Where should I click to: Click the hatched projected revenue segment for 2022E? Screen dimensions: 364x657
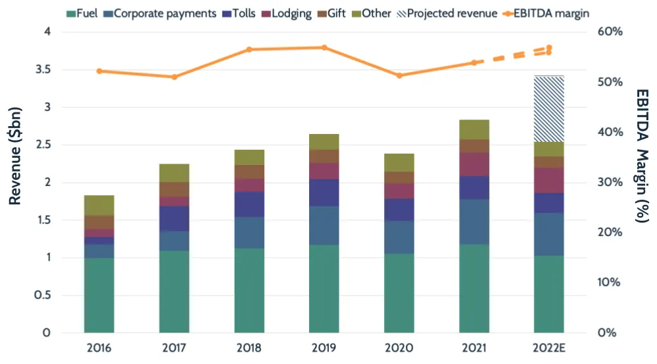click(x=549, y=108)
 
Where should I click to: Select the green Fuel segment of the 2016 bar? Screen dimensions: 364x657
click(x=99, y=295)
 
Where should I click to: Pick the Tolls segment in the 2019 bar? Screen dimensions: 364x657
click(x=324, y=193)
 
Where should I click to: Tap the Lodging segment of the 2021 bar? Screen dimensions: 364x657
click(x=474, y=164)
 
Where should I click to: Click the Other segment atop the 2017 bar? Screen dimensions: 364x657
click(x=174, y=173)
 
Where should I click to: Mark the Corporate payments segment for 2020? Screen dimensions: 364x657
click(x=399, y=237)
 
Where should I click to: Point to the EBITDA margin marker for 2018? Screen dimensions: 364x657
click(x=249, y=49)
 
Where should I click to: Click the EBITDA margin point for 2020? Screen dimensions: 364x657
click(x=399, y=76)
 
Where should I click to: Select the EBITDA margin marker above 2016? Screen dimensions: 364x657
click(x=99, y=71)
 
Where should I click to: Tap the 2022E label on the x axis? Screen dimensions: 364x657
click(x=549, y=348)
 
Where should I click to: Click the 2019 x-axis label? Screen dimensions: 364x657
click(x=324, y=348)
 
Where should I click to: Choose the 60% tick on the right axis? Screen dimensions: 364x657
click(x=610, y=32)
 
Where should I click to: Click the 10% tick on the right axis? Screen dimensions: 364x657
click(x=610, y=283)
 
